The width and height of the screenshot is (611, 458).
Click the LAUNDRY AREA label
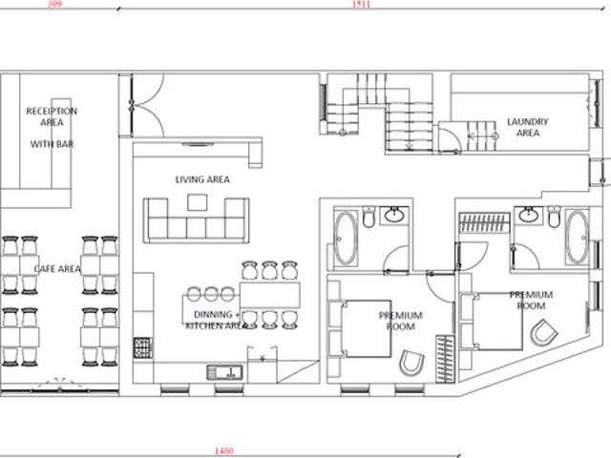point(528,127)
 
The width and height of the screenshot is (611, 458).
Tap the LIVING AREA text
point(202,179)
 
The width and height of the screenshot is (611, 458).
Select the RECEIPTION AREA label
point(52,116)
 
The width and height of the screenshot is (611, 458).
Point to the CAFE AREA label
point(57,269)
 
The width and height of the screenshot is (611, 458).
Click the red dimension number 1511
point(361,4)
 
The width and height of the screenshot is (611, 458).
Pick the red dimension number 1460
point(224,451)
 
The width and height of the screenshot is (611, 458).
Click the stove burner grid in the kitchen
point(142,347)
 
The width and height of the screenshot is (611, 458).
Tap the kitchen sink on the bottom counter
point(225,373)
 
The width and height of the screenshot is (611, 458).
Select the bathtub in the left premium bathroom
point(346,239)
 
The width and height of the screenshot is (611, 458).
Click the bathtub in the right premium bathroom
point(577,238)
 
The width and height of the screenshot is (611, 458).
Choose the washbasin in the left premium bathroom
point(394,215)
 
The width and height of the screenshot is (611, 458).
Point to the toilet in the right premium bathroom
point(554,218)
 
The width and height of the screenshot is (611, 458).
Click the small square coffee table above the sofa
point(198,202)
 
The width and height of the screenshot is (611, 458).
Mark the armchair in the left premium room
point(411,363)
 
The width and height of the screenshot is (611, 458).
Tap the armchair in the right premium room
point(543,332)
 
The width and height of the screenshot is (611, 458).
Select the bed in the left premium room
point(360,328)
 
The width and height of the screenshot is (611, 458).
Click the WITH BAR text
point(52,144)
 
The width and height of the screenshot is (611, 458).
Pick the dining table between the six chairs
point(269,295)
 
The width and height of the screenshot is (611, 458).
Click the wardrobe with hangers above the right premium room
point(484,222)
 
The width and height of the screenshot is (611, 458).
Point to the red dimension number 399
point(55,4)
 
